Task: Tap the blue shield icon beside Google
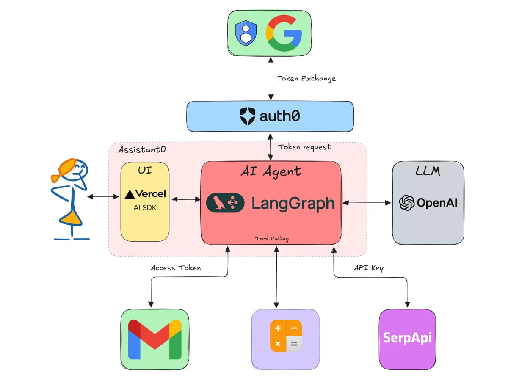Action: (x=246, y=33)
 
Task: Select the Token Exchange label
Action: (x=306, y=78)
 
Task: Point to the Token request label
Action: (x=304, y=147)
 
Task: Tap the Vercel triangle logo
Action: (x=130, y=194)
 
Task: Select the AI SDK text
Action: (x=145, y=207)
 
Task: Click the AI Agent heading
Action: (x=271, y=171)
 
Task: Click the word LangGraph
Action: (x=293, y=203)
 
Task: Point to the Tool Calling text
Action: (x=271, y=239)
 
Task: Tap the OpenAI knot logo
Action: (x=407, y=203)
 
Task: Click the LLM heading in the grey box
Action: (x=428, y=171)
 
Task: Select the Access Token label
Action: (x=175, y=268)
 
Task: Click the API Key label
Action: (x=368, y=268)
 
